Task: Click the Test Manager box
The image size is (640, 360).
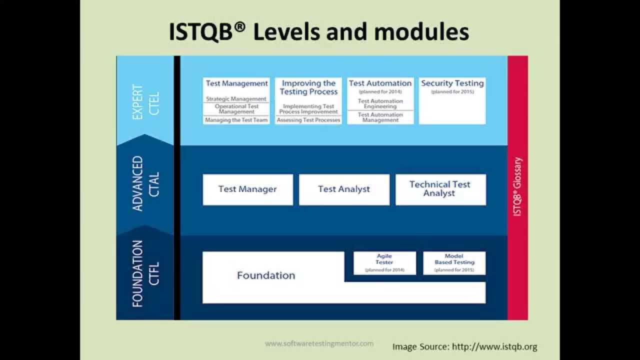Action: (x=247, y=189)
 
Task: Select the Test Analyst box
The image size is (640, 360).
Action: (x=344, y=189)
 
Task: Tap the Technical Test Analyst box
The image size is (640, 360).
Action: (x=440, y=189)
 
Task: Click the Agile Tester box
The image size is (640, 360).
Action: (x=384, y=263)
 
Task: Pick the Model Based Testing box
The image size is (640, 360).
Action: (x=454, y=263)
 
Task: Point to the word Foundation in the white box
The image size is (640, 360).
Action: (x=266, y=275)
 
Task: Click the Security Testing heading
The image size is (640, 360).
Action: (x=452, y=83)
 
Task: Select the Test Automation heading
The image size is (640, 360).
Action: (x=380, y=83)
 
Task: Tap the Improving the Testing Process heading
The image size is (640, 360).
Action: (x=308, y=87)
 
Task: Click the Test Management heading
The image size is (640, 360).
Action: (x=236, y=83)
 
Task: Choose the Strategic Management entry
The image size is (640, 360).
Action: (x=236, y=99)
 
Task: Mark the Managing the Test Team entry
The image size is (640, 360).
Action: (x=236, y=120)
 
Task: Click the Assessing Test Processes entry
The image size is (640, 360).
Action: (x=308, y=120)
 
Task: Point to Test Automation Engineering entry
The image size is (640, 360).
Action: (x=380, y=104)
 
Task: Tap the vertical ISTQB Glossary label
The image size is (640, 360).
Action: (x=518, y=186)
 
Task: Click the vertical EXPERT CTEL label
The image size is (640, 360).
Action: (x=145, y=102)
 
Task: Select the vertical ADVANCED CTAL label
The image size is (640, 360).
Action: (x=145, y=184)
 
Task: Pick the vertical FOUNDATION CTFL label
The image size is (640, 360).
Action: (x=145, y=273)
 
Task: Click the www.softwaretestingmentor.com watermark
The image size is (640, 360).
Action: (x=319, y=343)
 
